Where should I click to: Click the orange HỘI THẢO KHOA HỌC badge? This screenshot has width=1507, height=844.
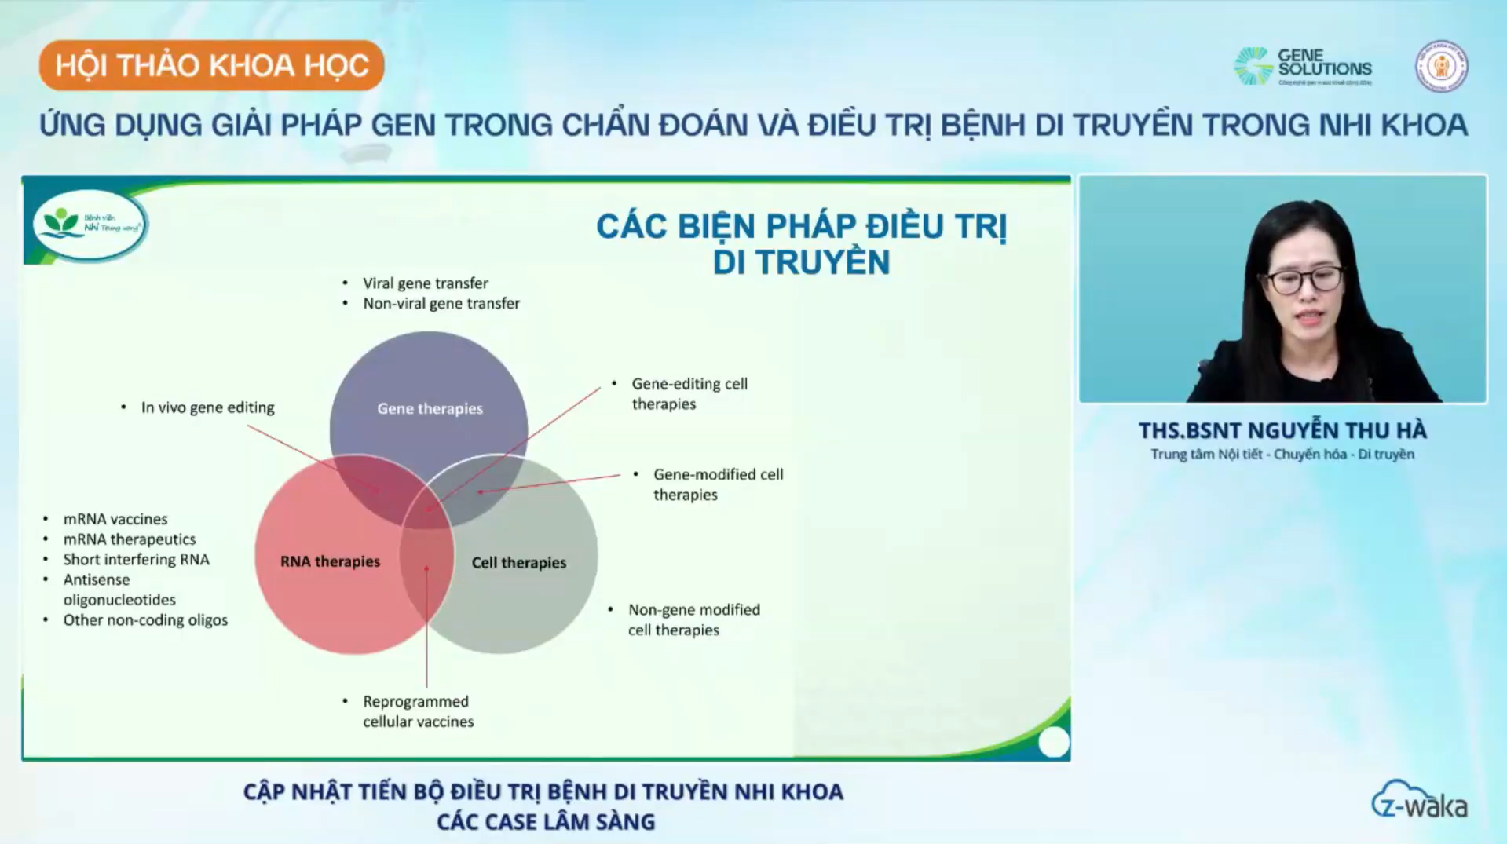[x=211, y=65]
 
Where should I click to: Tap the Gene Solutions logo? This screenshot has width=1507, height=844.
[x=1304, y=66]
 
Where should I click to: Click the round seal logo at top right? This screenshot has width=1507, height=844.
[x=1441, y=67]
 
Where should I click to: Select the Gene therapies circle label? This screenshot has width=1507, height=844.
[x=430, y=408]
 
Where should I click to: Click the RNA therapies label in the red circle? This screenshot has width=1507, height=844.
[x=330, y=561]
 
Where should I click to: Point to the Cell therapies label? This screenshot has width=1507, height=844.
[x=518, y=562]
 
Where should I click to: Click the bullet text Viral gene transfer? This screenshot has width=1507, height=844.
[x=425, y=283]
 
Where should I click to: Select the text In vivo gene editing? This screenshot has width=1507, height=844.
[x=207, y=407]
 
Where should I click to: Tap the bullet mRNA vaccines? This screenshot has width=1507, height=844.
[x=115, y=519]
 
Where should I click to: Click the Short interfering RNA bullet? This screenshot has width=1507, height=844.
[x=136, y=559]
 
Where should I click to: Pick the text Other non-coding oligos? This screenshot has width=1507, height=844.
[x=145, y=619]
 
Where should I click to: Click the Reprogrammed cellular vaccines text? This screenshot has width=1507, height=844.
[x=417, y=711]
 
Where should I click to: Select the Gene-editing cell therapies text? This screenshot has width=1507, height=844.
[x=689, y=393]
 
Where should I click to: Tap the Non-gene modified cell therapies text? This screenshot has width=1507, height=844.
[x=693, y=619]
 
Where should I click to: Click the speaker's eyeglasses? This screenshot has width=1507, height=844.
[x=1304, y=280]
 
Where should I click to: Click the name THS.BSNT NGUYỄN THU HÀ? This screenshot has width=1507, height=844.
[x=1282, y=430]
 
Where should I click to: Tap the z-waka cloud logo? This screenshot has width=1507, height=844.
[x=1419, y=801]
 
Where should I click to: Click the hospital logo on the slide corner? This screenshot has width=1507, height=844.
[x=90, y=224]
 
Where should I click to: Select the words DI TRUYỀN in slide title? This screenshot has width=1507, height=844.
[x=801, y=262]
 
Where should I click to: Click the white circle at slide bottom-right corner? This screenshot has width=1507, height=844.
[x=1053, y=742]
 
